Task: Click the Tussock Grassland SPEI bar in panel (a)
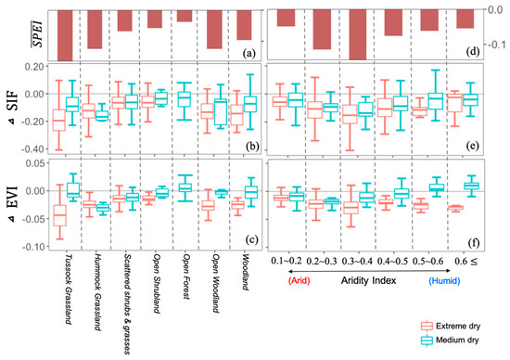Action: pyautogui.click(x=65, y=35)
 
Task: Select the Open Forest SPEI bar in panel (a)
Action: pyautogui.click(x=185, y=16)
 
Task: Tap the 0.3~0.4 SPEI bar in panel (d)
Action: pyautogui.click(x=357, y=35)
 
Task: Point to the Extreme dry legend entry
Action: pyautogui.click(x=451, y=326)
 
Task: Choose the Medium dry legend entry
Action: pyautogui.click(x=450, y=341)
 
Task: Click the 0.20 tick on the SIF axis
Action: pyautogui.click(x=34, y=67)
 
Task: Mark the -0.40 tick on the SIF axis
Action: pyautogui.click(x=33, y=149)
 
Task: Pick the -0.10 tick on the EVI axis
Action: pyautogui.click(x=33, y=247)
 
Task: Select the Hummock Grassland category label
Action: pyautogui.click(x=97, y=292)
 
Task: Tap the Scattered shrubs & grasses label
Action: pyautogui.click(x=127, y=304)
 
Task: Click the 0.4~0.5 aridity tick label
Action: pyautogui.click(x=392, y=261)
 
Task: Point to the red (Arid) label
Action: pyautogui.click(x=299, y=280)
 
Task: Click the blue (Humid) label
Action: pyautogui.click(x=444, y=280)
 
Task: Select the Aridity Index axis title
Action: pyautogui.click(x=368, y=280)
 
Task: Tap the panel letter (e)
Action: pyautogui.click(x=473, y=146)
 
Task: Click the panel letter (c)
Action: pyautogui.click(x=251, y=240)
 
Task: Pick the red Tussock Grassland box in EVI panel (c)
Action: pyautogui.click(x=60, y=215)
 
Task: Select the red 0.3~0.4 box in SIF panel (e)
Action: pyautogui.click(x=351, y=114)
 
